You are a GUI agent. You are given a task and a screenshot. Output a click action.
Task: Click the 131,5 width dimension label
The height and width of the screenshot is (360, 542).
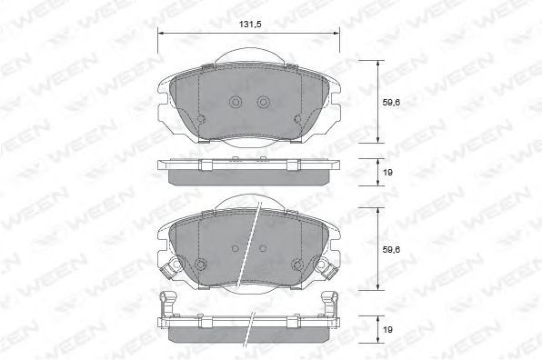(x=249, y=25)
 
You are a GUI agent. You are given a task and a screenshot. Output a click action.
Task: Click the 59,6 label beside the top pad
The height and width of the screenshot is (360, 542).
(x=391, y=102)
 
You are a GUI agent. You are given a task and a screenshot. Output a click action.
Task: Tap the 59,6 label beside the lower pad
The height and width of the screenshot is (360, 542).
(x=391, y=249)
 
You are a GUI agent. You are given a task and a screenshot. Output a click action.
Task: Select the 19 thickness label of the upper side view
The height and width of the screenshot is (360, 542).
(x=387, y=172)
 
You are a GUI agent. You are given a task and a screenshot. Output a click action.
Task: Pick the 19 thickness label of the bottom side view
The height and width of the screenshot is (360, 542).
(x=387, y=330)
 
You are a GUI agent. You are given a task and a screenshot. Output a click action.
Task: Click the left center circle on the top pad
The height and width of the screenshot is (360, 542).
(x=236, y=102)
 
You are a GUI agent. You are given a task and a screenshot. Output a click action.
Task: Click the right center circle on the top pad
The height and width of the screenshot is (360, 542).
(x=263, y=102)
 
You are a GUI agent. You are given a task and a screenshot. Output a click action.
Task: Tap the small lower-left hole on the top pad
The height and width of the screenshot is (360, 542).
(x=201, y=119)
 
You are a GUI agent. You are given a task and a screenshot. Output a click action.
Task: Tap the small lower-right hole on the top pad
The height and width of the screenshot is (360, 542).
(x=297, y=119)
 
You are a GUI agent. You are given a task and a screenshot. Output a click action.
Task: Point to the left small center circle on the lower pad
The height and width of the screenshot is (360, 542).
(x=236, y=248)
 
